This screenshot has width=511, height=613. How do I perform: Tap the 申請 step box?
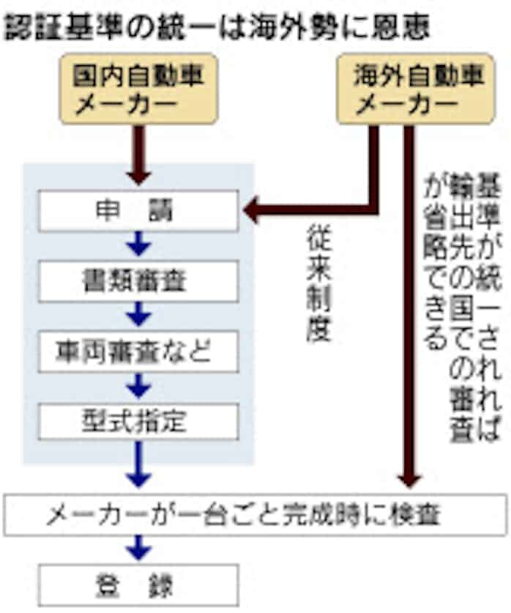pyautogui.click(x=138, y=211)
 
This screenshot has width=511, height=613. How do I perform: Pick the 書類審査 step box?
pyautogui.click(x=138, y=281)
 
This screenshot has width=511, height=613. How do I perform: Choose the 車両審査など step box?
pyautogui.click(x=138, y=352)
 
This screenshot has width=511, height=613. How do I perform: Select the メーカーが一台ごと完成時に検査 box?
pyautogui.click(x=255, y=515)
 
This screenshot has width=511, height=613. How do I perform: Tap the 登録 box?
pyautogui.click(x=138, y=584)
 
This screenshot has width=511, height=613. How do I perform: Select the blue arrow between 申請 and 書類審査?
pyautogui.click(x=138, y=245)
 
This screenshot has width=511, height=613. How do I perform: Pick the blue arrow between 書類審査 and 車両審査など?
pyautogui.click(x=138, y=316)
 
